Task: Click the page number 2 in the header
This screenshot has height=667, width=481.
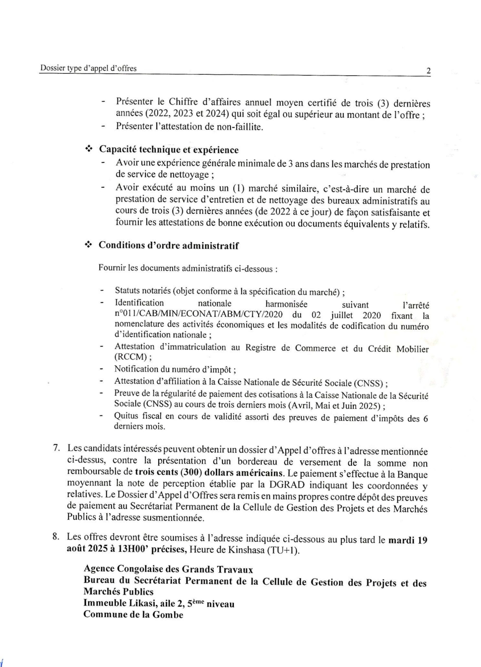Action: pyautogui.click(x=428, y=71)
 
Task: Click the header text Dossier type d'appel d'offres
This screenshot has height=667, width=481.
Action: pyautogui.click(x=88, y=69)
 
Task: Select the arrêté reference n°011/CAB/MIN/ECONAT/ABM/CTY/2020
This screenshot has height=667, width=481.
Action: pyautogui.click(x=199, y=315)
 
